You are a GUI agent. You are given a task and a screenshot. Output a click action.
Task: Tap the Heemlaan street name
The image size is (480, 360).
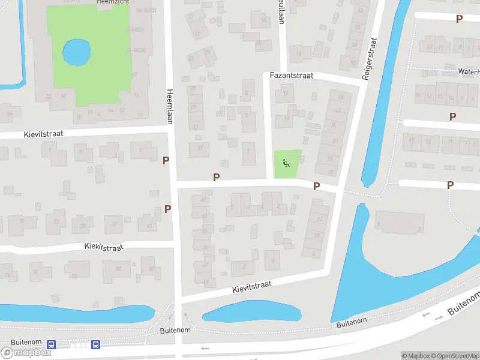pyautogui.click(x=170, y=100)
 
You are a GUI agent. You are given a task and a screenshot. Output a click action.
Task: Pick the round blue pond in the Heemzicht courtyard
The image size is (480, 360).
pyautogui.click(x=77, y=52)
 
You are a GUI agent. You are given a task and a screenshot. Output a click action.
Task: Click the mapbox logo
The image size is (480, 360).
pyautogui.click(x=26, y=353)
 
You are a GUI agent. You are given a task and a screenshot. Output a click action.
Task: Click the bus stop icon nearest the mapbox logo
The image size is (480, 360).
pyautogui.click(x=52, y=345)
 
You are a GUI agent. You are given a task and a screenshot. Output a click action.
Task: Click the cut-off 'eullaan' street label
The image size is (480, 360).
pyautogui.click(x=280, y=12)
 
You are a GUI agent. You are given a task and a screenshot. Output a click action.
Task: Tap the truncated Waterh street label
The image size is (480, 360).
pyautogui.click(x=469, y=71)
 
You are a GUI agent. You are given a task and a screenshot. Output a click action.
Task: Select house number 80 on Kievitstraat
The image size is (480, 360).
pyautogui.click(x=119, y=268)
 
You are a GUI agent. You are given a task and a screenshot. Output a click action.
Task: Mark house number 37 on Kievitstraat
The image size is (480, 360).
pyautogui.click(x=114, y=224)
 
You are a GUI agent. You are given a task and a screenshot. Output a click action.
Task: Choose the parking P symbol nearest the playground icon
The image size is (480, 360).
pyautogui.click(x=316, y=187)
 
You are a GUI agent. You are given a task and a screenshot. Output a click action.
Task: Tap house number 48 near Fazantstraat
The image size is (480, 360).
pyautogui.click(x=341, y=97)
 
